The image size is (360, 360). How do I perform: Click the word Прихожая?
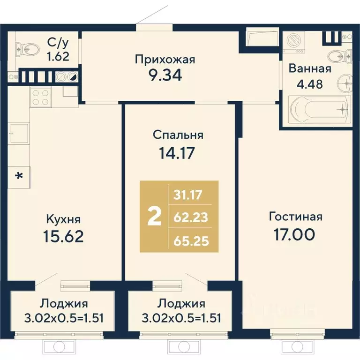[x=165, y=60]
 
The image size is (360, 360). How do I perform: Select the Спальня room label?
[x=178, y=135]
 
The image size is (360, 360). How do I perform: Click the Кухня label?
[x=63, y=219]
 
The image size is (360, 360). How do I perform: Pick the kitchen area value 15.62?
[x=63, y=236]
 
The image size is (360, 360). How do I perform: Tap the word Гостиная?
[x=295, y=217]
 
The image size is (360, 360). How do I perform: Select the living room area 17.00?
[x=295, y=234]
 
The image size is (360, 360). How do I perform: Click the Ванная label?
[x=310, y=69]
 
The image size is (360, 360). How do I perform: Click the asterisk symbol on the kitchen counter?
[x=19, y=176]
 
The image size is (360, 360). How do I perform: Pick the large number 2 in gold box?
[x=154, y=217]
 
